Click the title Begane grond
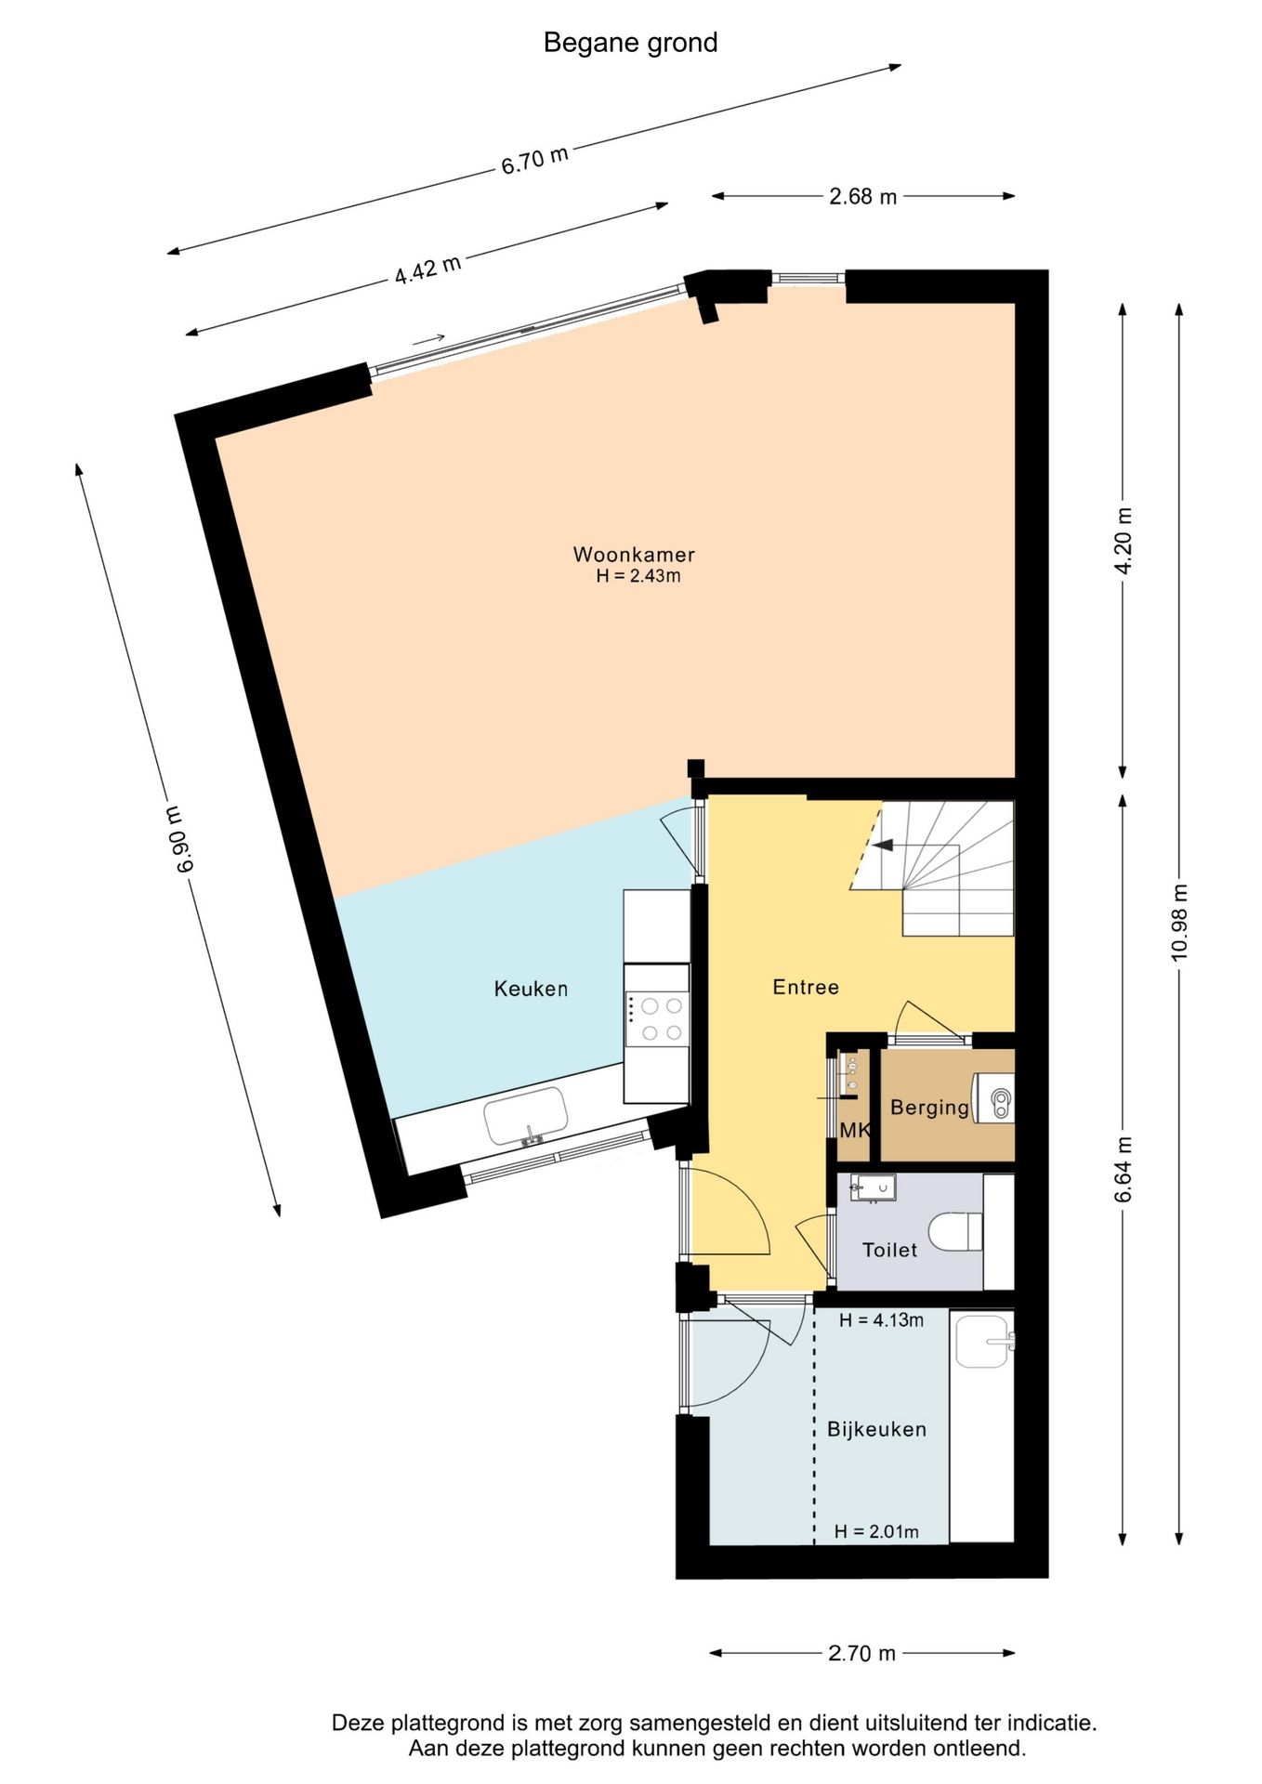pos(630,43)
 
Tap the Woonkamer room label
pos(634,555)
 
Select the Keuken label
pos(531,989)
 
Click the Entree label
pos(806,987)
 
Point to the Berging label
pos(929,1108)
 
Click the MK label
pos(855,1130)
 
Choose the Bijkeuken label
pos(876,1429)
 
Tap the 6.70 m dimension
pos(534,160)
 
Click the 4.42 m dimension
pos(427,269)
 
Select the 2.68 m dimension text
pos(862,196)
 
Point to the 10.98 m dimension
pos(1179,922)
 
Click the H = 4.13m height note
pos(881,1320)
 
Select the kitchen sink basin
pos(526,1116)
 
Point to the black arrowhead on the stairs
pos(882,846)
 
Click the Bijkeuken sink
pos(983,1342)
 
